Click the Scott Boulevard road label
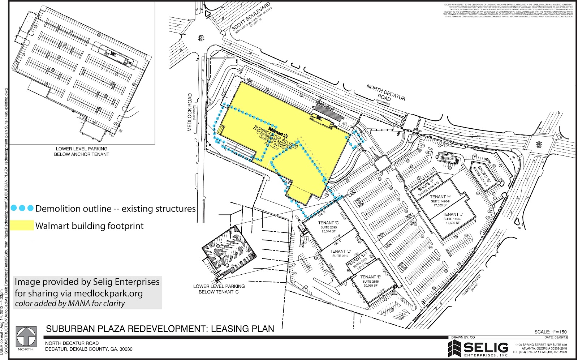(x=251, y=17)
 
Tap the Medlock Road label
(x=190, y=112)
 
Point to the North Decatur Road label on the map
(x=386, y=93)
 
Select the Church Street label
(x=471, y=284)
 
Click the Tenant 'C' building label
(x=328, y=223)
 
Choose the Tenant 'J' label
(x=453, y=214)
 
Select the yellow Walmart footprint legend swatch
(x=22, y=226)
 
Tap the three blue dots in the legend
(x=22, y=208)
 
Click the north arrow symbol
(x=26, y=337)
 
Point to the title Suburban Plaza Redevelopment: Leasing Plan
(x=160, y=329)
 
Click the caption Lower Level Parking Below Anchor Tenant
(x=82, y=151)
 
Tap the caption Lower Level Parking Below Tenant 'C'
(x=219, y=289)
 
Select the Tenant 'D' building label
(x=340, y=251)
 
